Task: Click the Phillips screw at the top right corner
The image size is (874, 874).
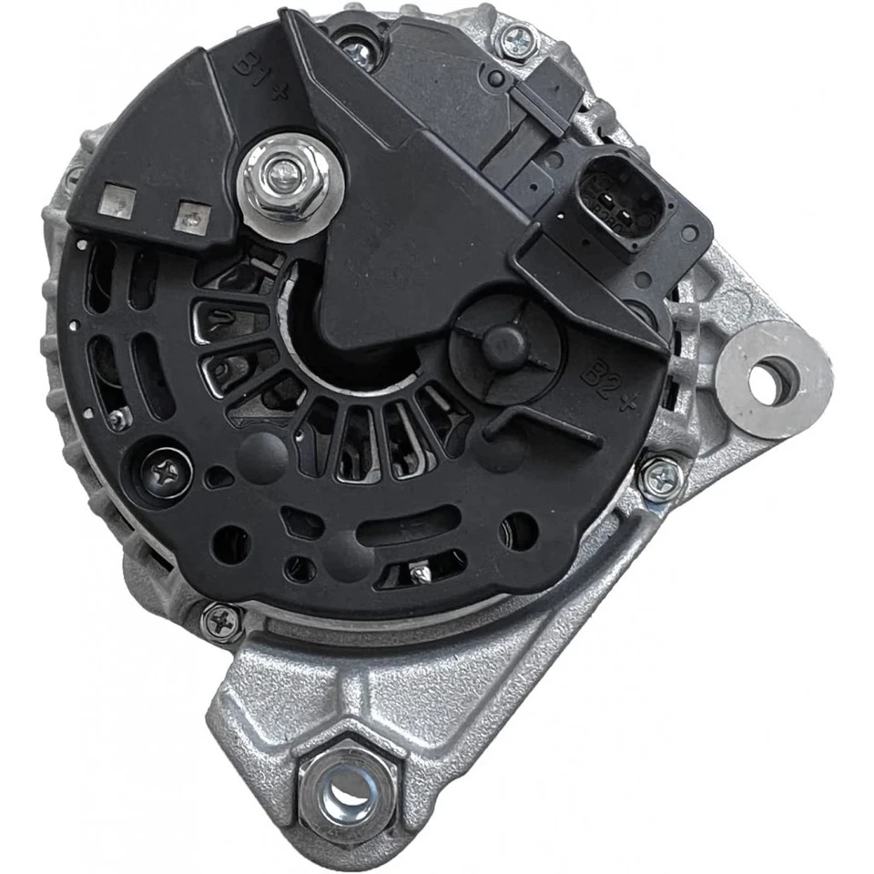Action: pos(515,39)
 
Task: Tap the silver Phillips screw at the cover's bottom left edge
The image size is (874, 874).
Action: pos(222,622)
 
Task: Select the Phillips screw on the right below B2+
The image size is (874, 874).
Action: pos(659,478)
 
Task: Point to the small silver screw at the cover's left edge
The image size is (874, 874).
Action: pos(117,420)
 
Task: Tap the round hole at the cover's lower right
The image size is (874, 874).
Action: pos(519,530)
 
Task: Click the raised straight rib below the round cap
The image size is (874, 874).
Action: pos(546,428)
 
